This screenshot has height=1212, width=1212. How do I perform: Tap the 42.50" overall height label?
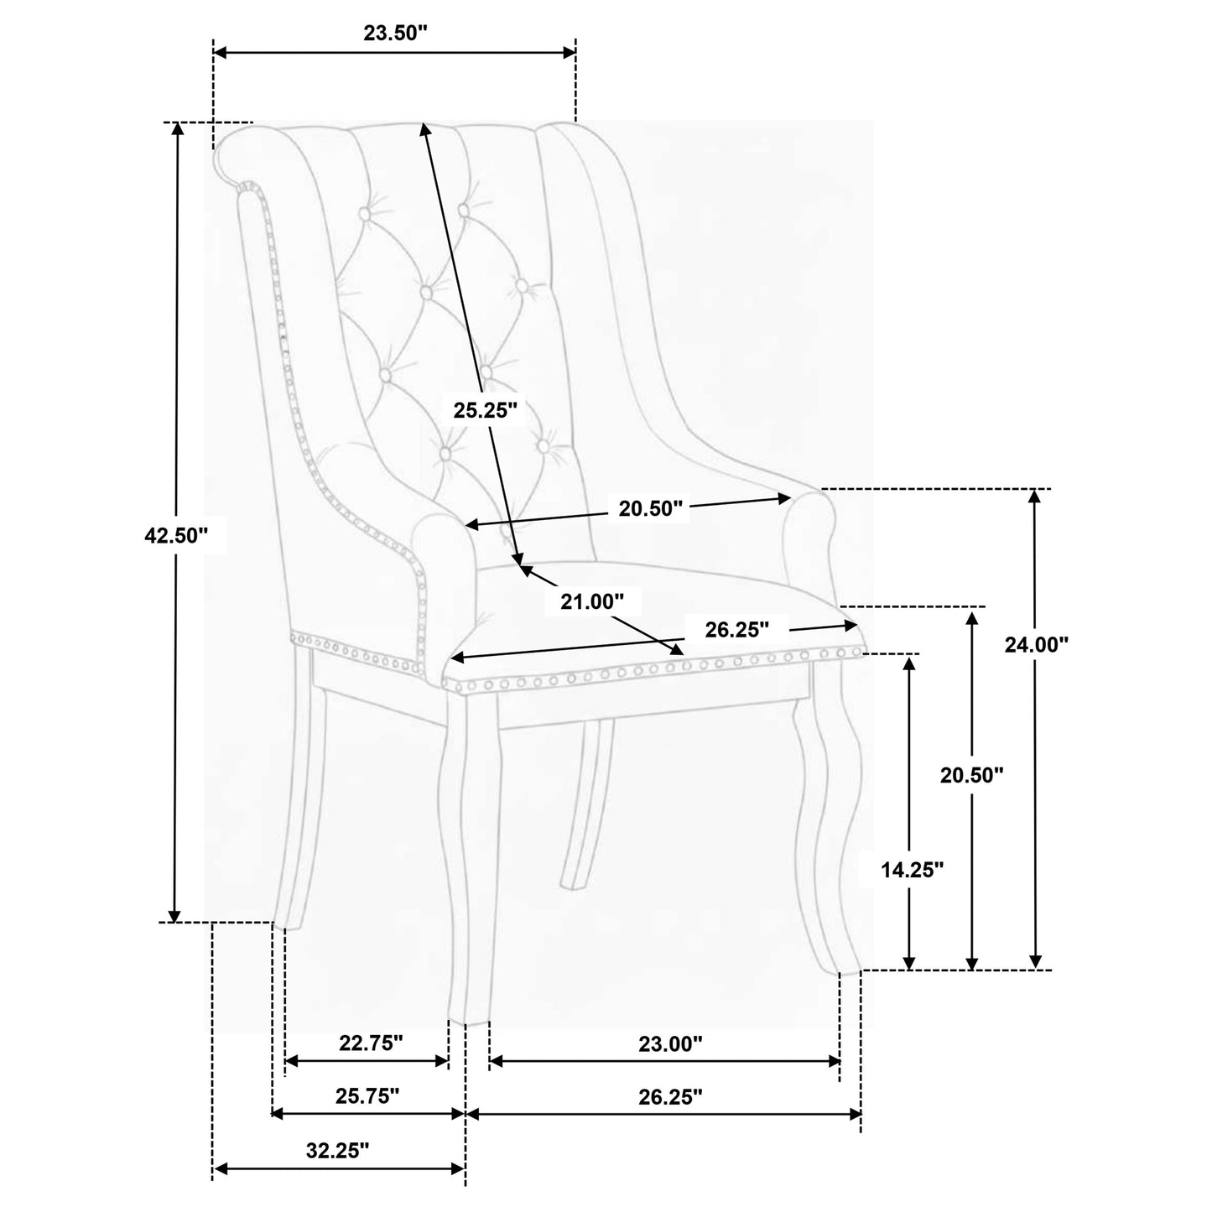pyautogui.click(x=175, y=535)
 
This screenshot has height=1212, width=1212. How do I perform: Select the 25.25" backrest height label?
pyautogui.click(x=485, y=410)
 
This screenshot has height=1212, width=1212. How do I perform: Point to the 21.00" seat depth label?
pyautogui.click(x=593, y=601)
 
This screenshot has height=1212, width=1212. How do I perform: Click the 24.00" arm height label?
pyautogui.click(x=1037, y=644)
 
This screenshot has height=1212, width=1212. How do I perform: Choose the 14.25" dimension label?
pyautogui.click(x=913, y=870)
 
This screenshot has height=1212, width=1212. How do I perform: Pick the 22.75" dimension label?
pyautogui.click(x=371, y=1043)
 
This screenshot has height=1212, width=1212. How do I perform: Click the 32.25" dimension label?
pyautogui.click(x=338, y=1150)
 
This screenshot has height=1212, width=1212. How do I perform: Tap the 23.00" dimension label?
pyautogui.click(x=670, y=1044)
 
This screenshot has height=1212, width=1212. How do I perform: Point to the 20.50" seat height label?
pyautogui.click(x=972, y=775)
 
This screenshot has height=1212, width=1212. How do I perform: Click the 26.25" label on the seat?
pyautogui.click(x=737, y=629)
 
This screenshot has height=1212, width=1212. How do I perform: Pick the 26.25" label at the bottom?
pyautogui.click(x=670, y=1097)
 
